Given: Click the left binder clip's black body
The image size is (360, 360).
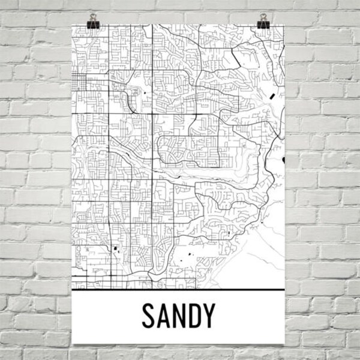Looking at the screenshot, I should point(92,25).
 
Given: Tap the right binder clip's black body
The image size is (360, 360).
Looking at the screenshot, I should point(263,25).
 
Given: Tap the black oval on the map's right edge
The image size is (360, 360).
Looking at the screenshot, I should point(283,160).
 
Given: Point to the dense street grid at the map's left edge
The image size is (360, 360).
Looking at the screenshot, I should point(79,84).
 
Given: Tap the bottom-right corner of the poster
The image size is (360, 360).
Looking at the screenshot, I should point(284,344).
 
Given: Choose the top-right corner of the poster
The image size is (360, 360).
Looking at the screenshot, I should point(284,25).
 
